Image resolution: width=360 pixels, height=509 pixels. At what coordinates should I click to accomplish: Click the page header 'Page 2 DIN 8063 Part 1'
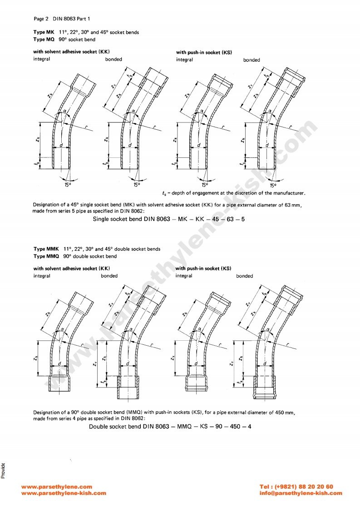pyautogui.click(x=62, y=19)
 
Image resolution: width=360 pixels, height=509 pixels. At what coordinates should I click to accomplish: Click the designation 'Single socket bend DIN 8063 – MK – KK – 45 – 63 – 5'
pyautogui.click(x=169, y=219)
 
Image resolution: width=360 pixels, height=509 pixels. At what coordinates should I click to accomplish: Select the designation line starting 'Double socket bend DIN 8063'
pyautogui.click(x=170, y=427)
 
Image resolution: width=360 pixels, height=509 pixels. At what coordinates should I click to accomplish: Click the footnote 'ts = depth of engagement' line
pyautogui.click(x=233, y=193)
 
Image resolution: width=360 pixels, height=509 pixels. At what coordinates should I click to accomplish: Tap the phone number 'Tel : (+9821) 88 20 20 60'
pyautogui.click(x=296, y=487)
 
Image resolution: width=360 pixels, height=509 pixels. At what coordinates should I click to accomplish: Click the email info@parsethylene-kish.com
pyautogui.click(x=301, y=493)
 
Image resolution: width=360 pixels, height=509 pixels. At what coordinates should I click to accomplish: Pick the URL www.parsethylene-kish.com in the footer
pyautogui.click(x=64, y=493)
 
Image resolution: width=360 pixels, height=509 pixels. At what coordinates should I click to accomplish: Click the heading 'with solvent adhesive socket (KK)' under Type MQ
pyautogui.click(x=72, y=52)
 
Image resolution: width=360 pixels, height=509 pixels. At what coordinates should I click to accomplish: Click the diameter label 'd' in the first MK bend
pyautogui.click(x=62, y=146)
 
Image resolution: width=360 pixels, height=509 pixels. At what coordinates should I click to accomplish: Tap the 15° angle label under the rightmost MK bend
pyautogui.click(x=272, y=185)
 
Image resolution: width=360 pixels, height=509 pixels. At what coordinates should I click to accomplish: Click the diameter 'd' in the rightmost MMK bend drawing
pyautogui.click(x=265, y=364)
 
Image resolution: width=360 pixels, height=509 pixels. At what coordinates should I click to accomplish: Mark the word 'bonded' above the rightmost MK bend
pyautogui.click(x=252, y=60)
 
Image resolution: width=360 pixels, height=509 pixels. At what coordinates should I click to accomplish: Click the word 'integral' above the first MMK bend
pyautogui.click(x=42, y=276)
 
